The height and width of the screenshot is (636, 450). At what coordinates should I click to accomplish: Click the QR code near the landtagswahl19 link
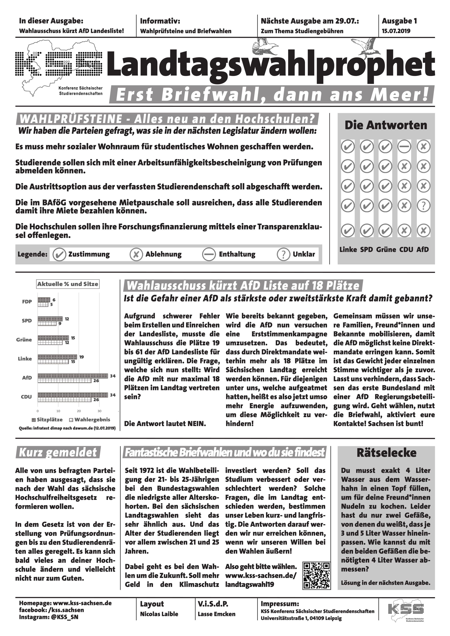point(316,575)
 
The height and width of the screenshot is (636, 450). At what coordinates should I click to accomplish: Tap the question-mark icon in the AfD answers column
point(423,206)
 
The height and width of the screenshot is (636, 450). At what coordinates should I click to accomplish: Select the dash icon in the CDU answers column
point(404,147)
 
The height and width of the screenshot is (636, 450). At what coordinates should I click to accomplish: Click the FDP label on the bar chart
point(27,302)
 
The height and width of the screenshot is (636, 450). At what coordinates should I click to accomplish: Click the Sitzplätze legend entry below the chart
point(47,420)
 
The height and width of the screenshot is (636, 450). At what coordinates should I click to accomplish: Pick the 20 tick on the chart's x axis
point(79,411)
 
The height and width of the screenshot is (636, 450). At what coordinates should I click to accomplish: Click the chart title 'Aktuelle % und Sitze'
point(68,284)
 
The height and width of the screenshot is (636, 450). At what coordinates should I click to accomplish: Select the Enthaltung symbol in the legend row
point(209,254)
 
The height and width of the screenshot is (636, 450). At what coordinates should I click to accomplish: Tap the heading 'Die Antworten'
point(386,125)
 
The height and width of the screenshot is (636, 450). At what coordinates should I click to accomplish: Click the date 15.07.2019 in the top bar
point(396,31)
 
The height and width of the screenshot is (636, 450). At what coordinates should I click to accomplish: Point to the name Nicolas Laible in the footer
point(159,614)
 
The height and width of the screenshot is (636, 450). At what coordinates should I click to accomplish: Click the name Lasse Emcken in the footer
point(216,614)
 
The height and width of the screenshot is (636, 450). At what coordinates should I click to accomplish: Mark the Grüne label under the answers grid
point(386,250)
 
